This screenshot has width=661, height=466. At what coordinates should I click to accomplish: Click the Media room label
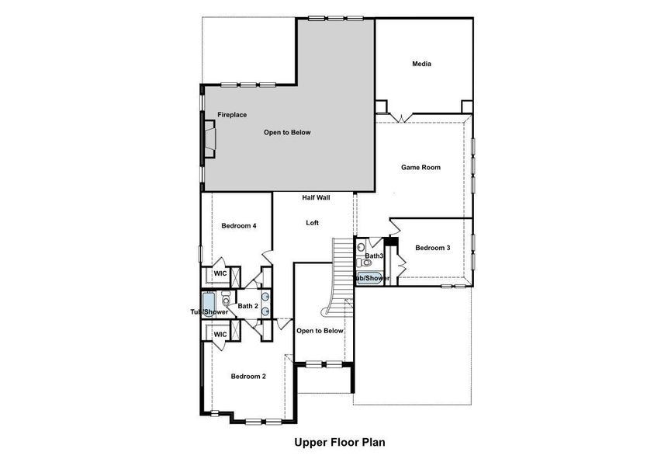pos(421,64)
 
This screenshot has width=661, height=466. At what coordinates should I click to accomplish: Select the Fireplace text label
pos(232,115)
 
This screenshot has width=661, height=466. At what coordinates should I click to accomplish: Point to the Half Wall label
pos(316,197)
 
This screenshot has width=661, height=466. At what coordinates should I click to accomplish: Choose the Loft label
pos(312,223)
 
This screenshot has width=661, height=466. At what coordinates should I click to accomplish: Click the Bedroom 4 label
pos(239,226)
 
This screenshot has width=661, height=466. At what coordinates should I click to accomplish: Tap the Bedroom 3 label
pos(432,248)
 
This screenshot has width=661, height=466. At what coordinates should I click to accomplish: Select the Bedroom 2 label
pos(248,377)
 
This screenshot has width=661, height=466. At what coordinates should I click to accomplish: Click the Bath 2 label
pos(247,306)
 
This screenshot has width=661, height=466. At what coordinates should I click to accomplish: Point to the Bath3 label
pos(375,256)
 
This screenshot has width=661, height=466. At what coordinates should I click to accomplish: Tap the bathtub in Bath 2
pos(208,303)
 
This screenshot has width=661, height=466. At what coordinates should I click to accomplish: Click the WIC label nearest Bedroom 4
pos(220,274)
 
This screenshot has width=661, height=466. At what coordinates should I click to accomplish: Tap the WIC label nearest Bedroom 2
pos(220,334)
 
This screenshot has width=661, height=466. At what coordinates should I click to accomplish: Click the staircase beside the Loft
pos(342,264)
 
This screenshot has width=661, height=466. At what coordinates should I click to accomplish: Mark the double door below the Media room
pos(400,117)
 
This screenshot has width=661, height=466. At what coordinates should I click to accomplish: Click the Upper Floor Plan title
pos(339,443)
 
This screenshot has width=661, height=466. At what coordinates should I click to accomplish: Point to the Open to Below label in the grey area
pos(287,133)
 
